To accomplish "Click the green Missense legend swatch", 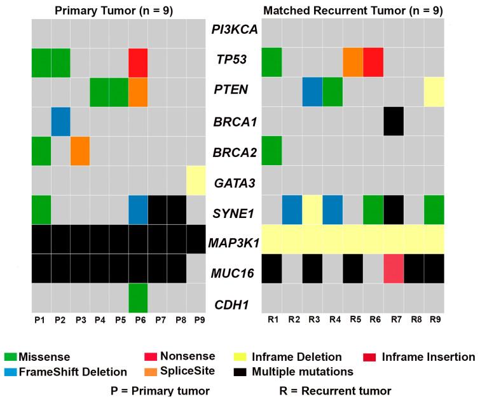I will [10, 358].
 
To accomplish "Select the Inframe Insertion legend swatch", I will [374, 358].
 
